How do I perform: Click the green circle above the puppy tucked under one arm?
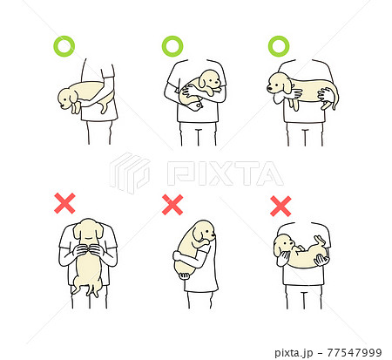click(x=64, y=44)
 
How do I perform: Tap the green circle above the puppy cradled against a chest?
click(x=172, y=44)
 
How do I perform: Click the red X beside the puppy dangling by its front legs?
click(x=64, y=204)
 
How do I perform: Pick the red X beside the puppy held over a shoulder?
click(x=172, y=205)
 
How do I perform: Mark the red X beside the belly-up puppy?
click(x=280, y=206)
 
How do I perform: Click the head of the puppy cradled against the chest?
click(x=208, y=82)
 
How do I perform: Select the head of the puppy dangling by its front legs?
click(x=87, y=232)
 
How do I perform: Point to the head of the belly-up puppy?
click(x=285, y=245)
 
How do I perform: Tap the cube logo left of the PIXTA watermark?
click(x=130, y=173)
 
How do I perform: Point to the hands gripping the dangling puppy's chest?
click(x=87, y=255)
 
